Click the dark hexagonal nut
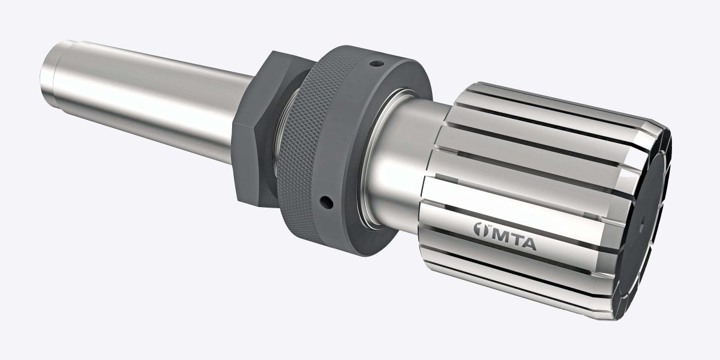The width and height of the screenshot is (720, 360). coord(252,138)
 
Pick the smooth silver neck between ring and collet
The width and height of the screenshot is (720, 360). coord(408,162)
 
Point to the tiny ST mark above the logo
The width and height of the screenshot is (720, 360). coord(488,223)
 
